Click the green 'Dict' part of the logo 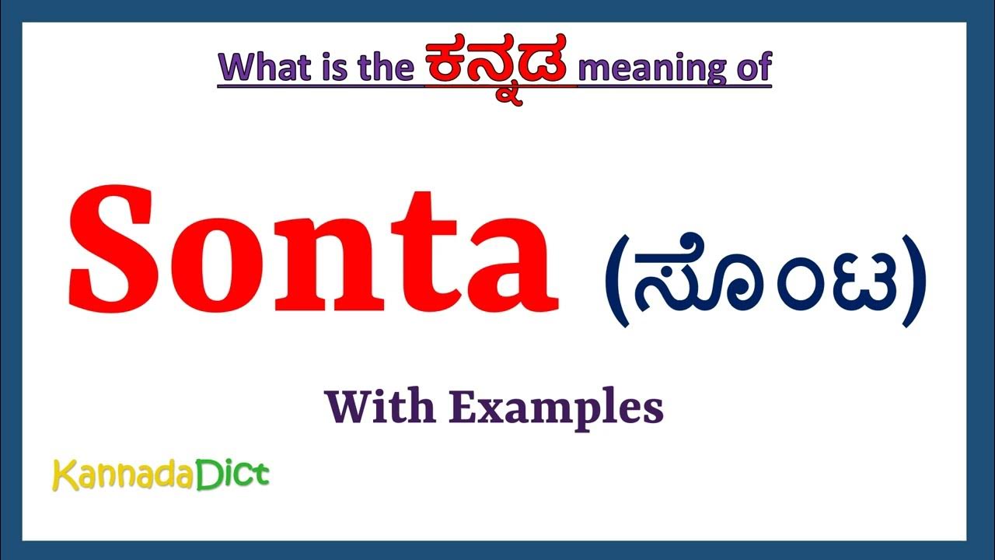pyautogui.click(x=232, y=474)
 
